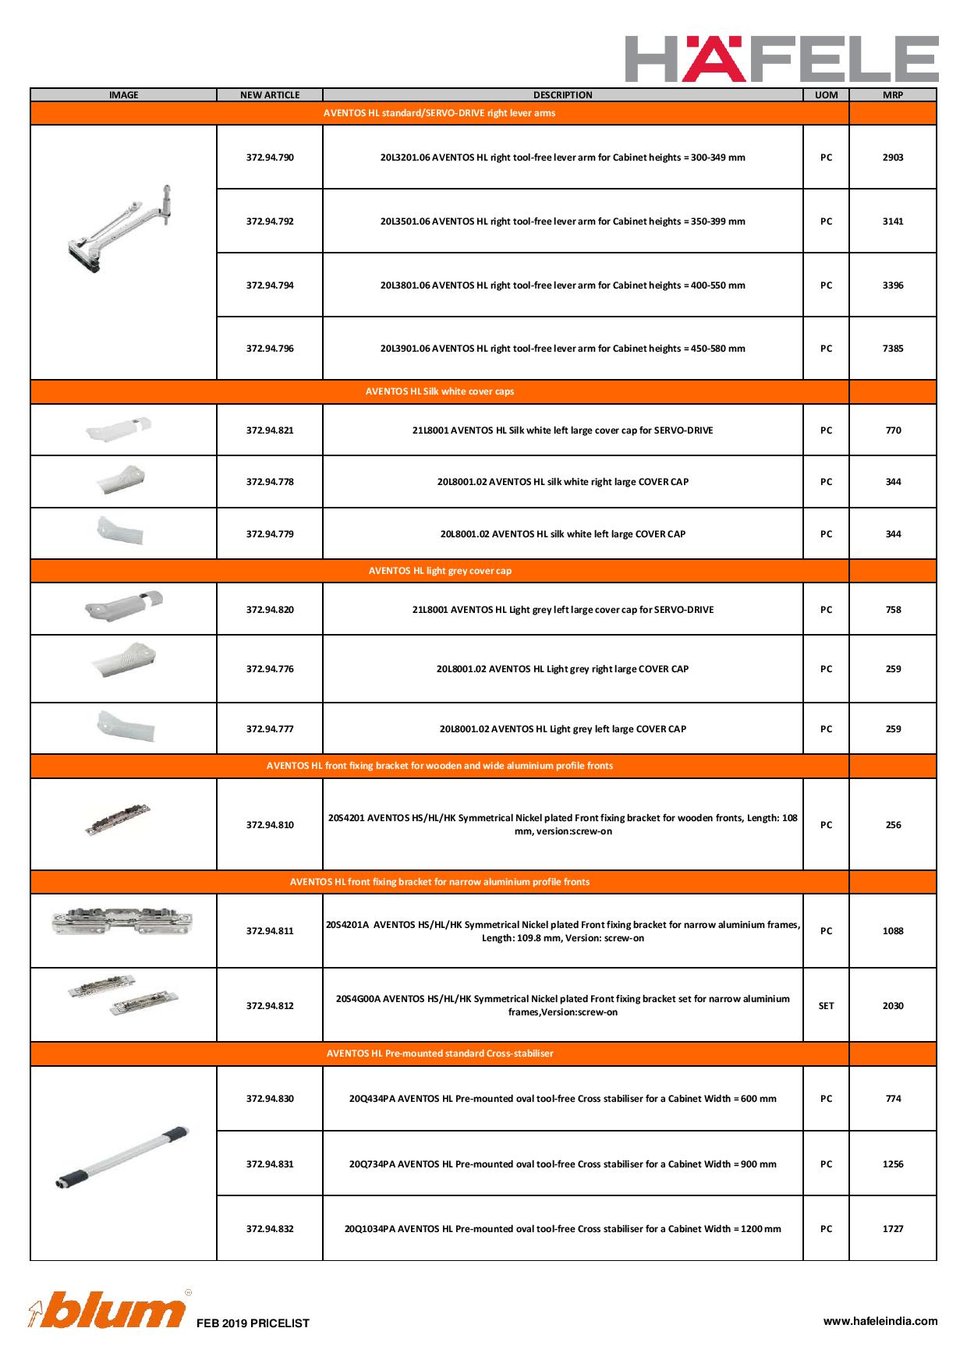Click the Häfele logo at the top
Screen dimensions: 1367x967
(x=781, y=58)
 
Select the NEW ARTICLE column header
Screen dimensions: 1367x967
(x=270, y=95)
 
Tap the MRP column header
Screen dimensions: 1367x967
(x=892, y=95)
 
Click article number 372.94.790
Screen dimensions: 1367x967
(x=270, y=158)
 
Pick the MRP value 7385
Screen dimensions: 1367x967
(x=893, y=349)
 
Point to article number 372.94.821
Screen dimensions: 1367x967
(x=270, y=430)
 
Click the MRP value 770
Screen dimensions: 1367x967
(x=893, y=430)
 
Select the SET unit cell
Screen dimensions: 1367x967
(x=826, y=1006)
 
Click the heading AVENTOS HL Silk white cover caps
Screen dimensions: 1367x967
(x=440, y=391)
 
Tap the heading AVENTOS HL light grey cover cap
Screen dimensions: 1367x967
(x=440, y=571)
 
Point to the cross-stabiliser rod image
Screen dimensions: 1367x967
(x=123, y=1156)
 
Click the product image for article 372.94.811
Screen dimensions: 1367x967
(x=122, y=922)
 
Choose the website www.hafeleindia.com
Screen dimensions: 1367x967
(x=880, y=1321)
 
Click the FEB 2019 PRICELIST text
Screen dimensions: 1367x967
(x=253, y=1323)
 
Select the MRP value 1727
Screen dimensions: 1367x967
(x=893, y=1229)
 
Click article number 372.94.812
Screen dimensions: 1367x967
(x=270, y=1006)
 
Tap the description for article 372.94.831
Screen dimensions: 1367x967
(x=562, y=1164)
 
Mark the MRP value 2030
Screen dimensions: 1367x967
(x=893, y=1006)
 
